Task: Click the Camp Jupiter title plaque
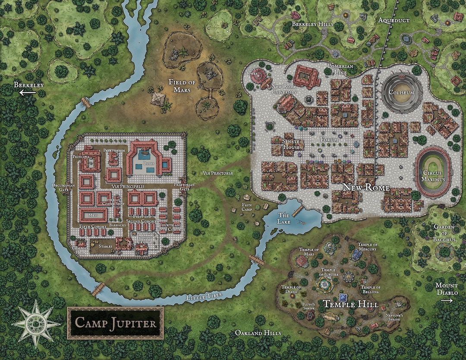(115, 323)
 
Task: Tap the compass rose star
(35, 323)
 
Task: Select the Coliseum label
(401, 93)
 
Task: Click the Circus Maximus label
(433, 175)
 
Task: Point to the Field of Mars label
(182, 86)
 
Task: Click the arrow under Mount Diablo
(447, 300)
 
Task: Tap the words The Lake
(284, 218)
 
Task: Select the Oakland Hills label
(258, 333)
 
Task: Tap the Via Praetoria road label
(217, 173)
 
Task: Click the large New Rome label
(366, 188)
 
